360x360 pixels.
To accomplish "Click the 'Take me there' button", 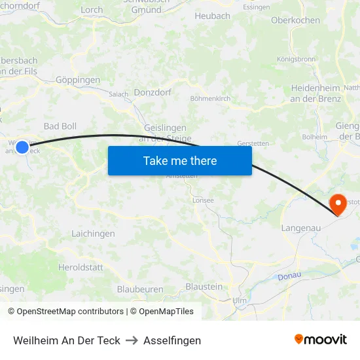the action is point(180,161).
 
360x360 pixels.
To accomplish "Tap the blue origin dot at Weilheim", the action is point(22,147).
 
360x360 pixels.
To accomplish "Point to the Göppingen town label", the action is point(78,80).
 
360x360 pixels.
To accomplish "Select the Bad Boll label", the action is point(60,126).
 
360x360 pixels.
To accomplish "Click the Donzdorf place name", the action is point(153,92).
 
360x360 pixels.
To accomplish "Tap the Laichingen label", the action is point(89,233).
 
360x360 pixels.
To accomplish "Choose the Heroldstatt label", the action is point(81,267).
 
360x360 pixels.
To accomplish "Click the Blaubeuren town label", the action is point(140,289).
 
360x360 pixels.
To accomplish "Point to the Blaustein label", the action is point(204,287).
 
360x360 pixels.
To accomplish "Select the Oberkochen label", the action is point(295,20).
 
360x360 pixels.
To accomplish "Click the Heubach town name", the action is point(212,16).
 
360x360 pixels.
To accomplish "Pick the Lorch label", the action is point(92,10).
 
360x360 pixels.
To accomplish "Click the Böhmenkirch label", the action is point(210,98).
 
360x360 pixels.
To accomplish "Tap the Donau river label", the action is point(289,276).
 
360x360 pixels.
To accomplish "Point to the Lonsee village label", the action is point(203,200).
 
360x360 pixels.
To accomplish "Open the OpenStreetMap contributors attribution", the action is point(65,312).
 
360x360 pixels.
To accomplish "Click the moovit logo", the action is point(320,339).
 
